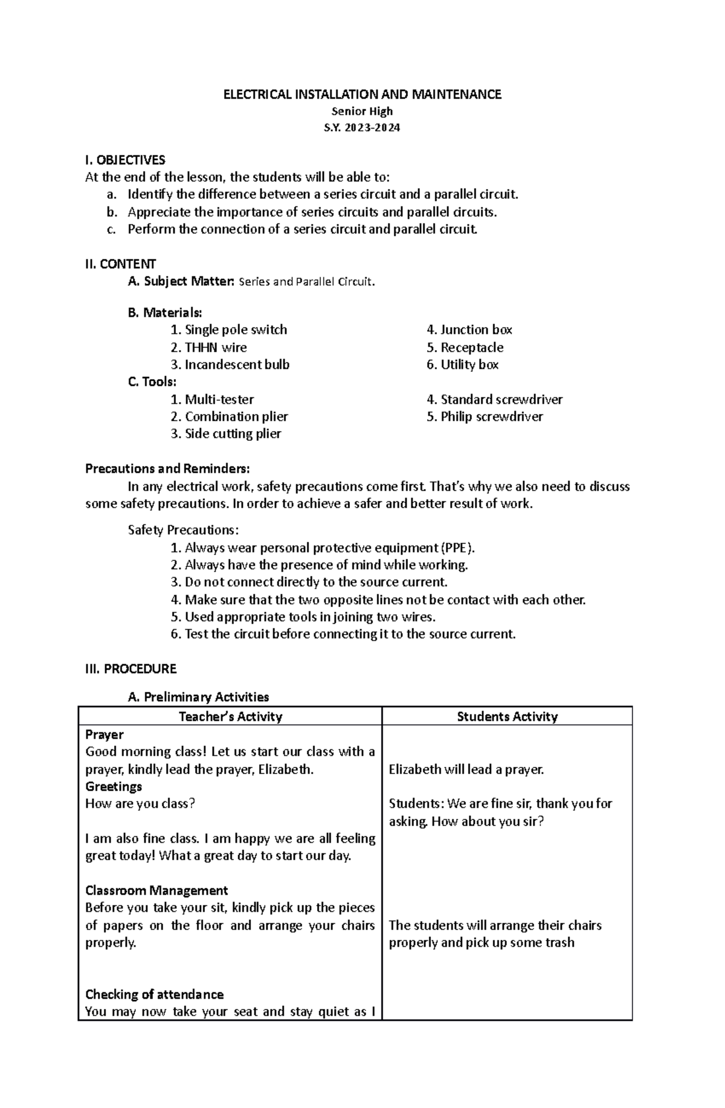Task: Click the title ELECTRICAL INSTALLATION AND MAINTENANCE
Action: click(362, 94)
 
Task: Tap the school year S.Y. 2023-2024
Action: click(362, 128)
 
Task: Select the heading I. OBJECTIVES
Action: click(125, 160)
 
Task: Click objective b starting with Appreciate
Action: click(312, 212)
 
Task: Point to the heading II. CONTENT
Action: click(121, 264)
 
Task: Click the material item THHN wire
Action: click(216, 347)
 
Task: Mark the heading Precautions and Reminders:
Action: click(167, 469)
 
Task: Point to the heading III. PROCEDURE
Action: click(131, 669)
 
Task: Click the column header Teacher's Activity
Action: click(230, 717)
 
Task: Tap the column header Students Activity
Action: click(507, 717)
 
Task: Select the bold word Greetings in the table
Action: click(114, 787)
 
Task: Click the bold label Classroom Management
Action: click(156, 891)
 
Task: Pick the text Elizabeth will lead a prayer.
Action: click(466, 770)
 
